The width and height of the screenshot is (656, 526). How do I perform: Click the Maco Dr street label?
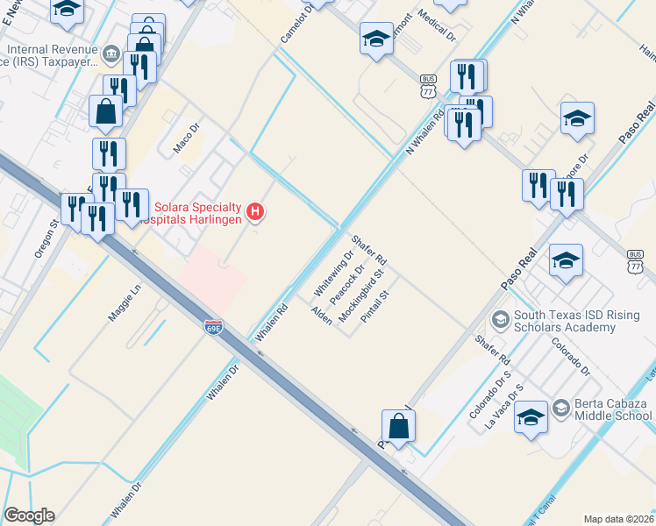[x=187, y=139]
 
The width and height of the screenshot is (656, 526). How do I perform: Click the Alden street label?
[x=321, y=316]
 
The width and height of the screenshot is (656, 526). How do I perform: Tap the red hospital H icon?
[x=255, y=211]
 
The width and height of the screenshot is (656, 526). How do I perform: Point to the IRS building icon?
[x=111, y=54]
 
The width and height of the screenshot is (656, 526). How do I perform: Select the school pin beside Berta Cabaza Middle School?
[x=531, y=417]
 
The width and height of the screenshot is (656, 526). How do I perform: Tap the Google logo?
[x=29, y=515]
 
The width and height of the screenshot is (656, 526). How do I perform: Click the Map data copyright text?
[x=618, y=519]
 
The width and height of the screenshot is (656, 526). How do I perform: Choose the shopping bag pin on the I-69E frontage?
[x=398, y=426]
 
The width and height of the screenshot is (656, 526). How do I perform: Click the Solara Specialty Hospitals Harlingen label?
[x=200, y=213]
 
